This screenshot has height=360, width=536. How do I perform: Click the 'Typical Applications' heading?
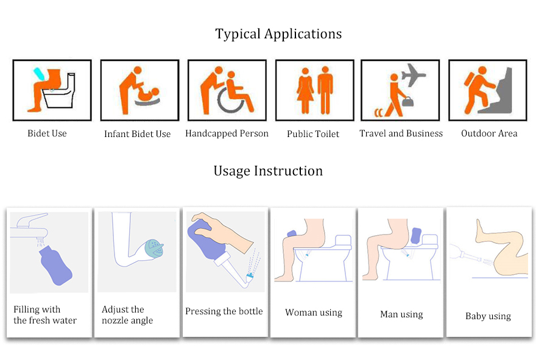pos(278,34)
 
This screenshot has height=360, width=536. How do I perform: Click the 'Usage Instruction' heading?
pos(268,171)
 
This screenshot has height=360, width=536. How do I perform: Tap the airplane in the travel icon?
pos(414,74)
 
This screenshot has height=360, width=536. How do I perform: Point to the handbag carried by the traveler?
pos(407,102)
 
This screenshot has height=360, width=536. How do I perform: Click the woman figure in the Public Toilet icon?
pos(305,91)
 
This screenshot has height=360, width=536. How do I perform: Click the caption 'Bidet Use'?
pos(47,133)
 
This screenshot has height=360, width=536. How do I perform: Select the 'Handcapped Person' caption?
pos(227,133)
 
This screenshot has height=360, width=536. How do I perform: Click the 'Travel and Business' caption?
pos(401,133)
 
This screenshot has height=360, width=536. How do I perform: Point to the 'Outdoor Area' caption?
pos(489,133)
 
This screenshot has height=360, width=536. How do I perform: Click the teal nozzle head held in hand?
pos(155,248)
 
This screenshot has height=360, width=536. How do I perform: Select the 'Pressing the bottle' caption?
pos(224,311)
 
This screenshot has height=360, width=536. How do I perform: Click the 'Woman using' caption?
pos(314,312)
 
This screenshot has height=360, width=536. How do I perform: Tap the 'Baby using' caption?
pos(488,316)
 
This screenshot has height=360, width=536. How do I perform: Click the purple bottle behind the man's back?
pos(415,236)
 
